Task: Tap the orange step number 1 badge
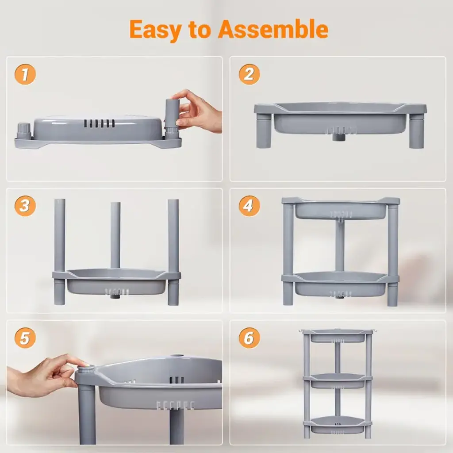pyautogui.click(x=25, y=74)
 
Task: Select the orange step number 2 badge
pyautogui.click(x=250, y=74)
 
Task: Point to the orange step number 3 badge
pyautogui.click(x=25, y=206)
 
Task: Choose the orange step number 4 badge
pyautogui.click(x=250, y=206)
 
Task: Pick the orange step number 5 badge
pyautogui.click(x=25, y=338)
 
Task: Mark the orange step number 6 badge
pyautogui.click(x=250, y=338)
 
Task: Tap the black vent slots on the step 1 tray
pyautogui.click(x=100, y=124)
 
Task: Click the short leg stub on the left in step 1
pyautogui.click(x=24, y=131)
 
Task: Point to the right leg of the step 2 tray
pyautogui.click(x=416, y=131)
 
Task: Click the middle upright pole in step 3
pyautogui.click(x=115, y=235)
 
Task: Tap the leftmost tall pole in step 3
pyautogui.click(x=60, y=251)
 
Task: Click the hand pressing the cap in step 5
pyautogui.click(x=43, y=375)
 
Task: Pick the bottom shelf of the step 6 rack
pyautogui.click(x=338, y=425)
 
